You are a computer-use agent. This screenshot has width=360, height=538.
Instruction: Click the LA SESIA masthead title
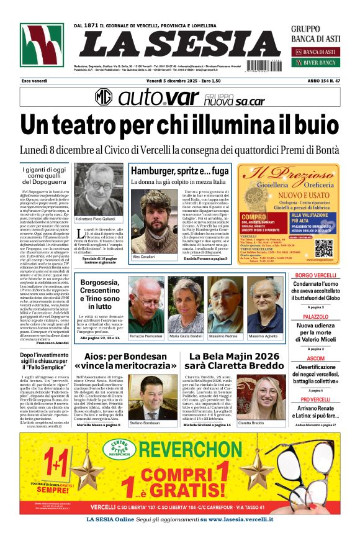click(180, 45)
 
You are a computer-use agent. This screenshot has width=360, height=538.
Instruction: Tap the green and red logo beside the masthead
click(42, 45)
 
